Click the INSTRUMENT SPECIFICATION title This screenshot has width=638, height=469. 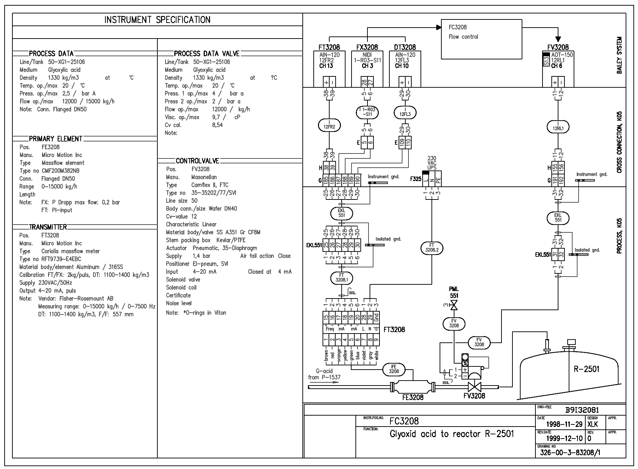[157, 20]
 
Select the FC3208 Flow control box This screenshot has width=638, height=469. [481, 39]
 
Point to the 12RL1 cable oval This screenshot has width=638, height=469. [558, 127]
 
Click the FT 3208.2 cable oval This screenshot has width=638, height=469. [431, 247]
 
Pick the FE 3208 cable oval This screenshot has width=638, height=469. [394, 369]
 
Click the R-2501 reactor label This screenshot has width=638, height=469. [586, 369]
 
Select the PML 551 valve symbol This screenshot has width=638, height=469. [454, 305]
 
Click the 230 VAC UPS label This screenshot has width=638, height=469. [432, 163]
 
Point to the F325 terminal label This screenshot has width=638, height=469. [416, 179]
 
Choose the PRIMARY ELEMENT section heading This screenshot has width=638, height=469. [56, 139]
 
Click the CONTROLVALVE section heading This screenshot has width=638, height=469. [197, 161]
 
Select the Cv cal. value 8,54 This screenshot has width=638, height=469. [217, 125]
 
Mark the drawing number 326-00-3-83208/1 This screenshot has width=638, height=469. [570, 453]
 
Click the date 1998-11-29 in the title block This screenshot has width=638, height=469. [564, 424]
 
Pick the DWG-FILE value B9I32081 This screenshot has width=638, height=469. [582, 410]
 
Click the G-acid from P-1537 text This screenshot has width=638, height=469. [324, 374]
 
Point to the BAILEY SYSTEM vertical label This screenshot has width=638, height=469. [619, 55]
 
